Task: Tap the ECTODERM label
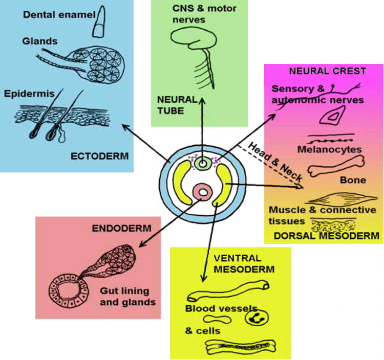(100, 155)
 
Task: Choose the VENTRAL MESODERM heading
(237, 263)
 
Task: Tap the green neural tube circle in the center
(203, 164)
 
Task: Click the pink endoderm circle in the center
(203, 193)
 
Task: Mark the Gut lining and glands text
(127, 297)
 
